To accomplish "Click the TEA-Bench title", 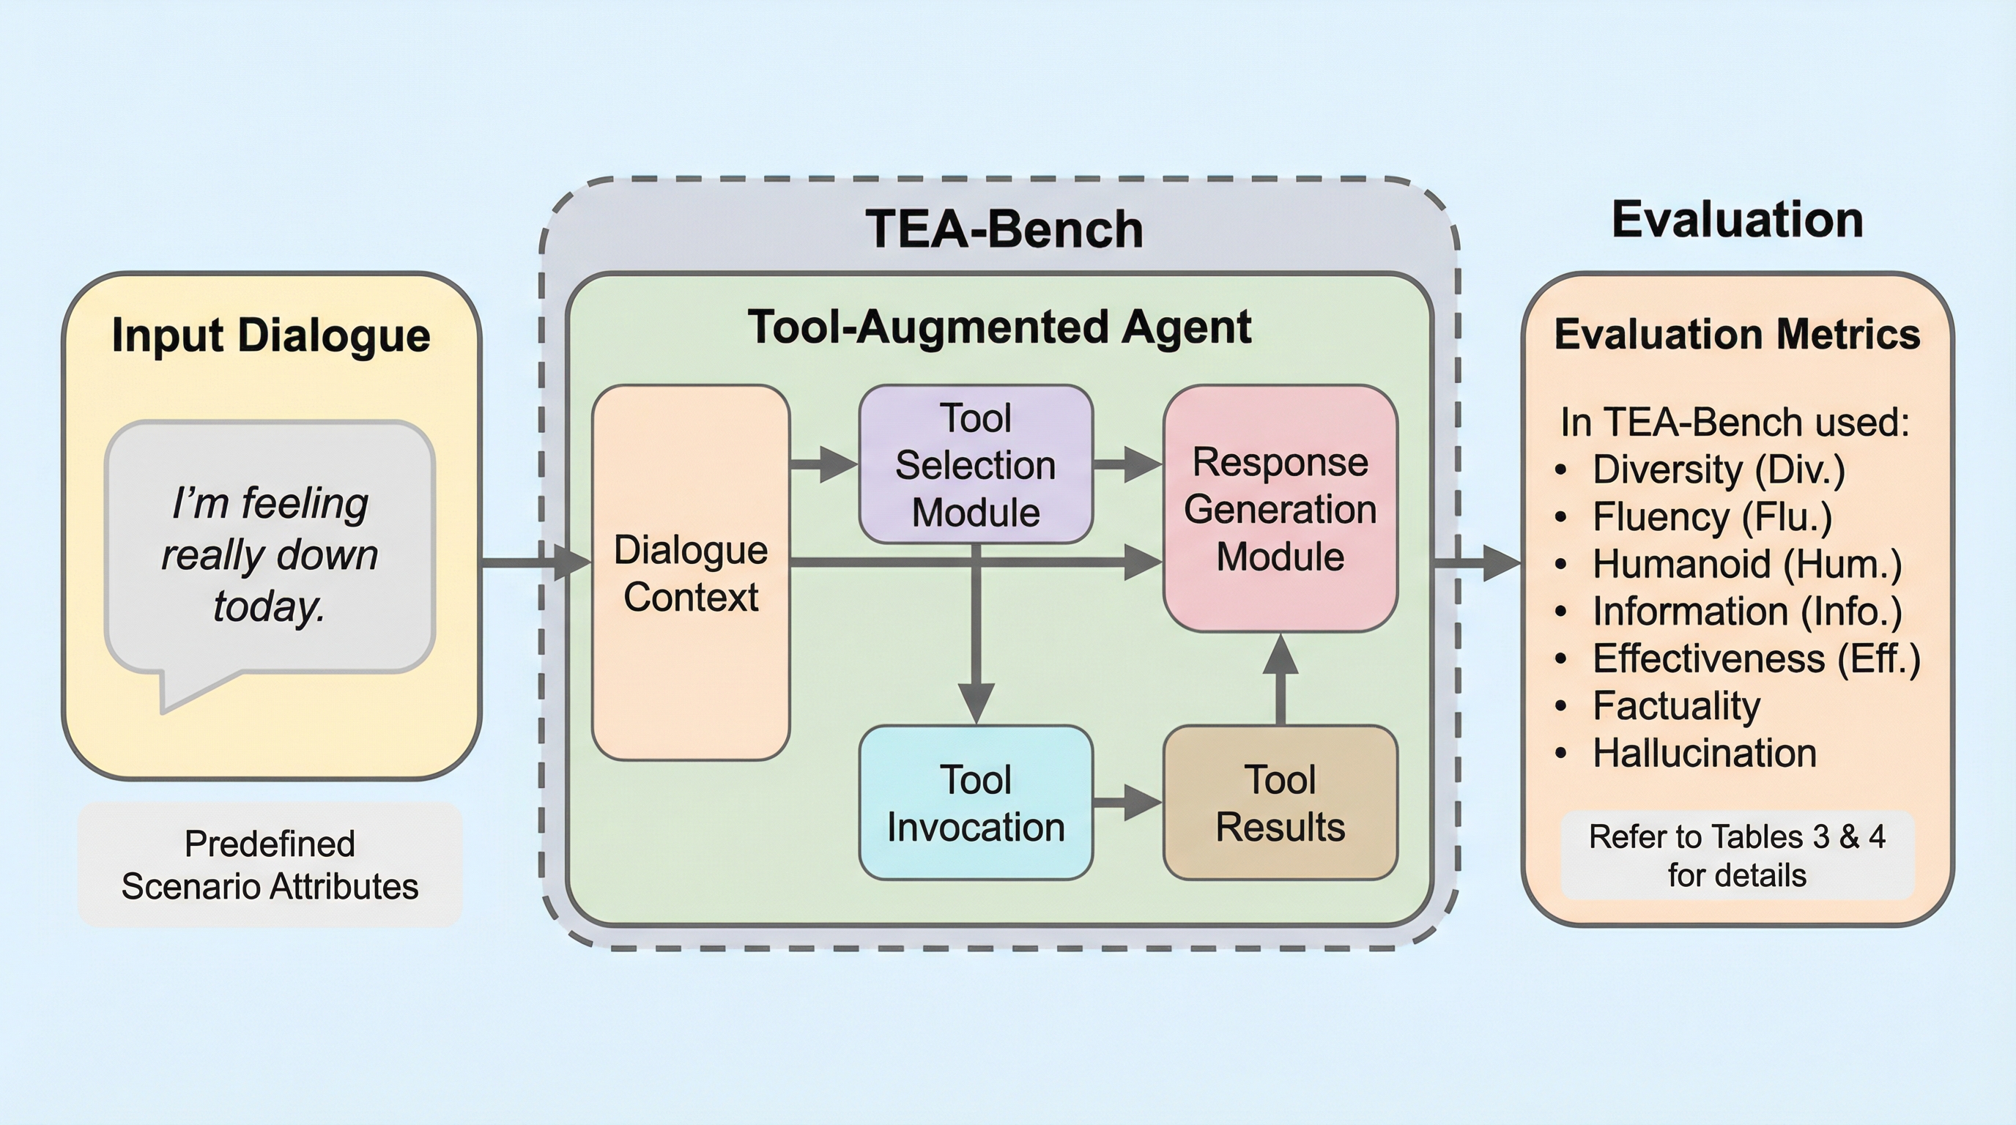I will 1004,229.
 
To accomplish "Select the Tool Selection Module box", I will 976,464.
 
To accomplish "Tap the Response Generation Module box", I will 1281,508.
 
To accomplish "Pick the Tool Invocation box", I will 976,803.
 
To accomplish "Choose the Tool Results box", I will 1281,803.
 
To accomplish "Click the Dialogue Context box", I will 691,573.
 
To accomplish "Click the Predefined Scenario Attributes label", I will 270,864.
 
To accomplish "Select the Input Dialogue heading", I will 271,335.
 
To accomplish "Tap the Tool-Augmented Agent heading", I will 999,326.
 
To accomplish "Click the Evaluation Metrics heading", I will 1737,334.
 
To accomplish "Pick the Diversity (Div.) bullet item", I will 1719,469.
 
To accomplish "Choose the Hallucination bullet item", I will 1704,754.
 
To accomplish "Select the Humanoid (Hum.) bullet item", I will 1746,564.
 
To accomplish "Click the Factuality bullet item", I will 1676,705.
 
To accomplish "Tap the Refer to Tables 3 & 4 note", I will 1737,855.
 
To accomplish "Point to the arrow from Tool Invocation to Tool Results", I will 1127,803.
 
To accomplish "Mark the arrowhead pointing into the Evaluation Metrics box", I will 1501,562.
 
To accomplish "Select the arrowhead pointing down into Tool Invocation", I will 976,702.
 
